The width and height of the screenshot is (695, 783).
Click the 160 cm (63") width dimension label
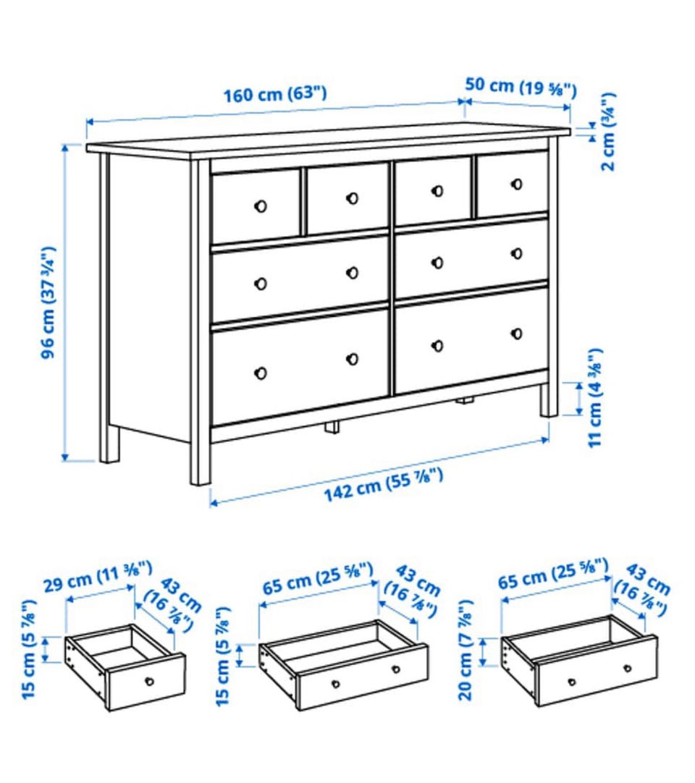pos(274,93)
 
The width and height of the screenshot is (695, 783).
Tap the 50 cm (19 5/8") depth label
pos(521,87)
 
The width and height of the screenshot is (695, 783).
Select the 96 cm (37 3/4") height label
pos(49,302)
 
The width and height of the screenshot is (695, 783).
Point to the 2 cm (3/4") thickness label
pos(608,132)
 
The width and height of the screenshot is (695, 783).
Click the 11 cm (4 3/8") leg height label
pos(594,398)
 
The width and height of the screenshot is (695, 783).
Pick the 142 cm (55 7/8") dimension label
pos(384,484)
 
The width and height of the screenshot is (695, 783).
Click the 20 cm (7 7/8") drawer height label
pos(466,650)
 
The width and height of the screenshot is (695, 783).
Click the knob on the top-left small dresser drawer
pos(261,206)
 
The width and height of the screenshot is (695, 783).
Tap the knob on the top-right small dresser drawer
pos(517,185)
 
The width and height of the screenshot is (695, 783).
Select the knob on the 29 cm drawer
pos(149,682)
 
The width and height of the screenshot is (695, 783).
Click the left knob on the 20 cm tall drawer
pos(572,682)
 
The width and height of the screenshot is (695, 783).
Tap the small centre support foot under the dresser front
pos(332,427)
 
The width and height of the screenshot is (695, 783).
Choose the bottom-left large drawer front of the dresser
pos(300,367)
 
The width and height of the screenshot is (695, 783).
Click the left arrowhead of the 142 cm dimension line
pos(214,502)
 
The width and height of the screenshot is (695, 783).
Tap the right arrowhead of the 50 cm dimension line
pos(567,107)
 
